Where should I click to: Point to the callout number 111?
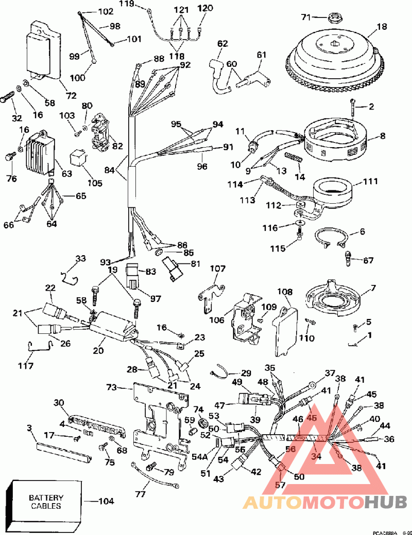370,181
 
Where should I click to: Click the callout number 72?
71,95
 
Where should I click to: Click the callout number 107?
218,269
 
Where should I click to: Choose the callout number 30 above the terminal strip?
59,403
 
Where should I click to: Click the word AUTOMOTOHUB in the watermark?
325,502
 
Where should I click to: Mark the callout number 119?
127,4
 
